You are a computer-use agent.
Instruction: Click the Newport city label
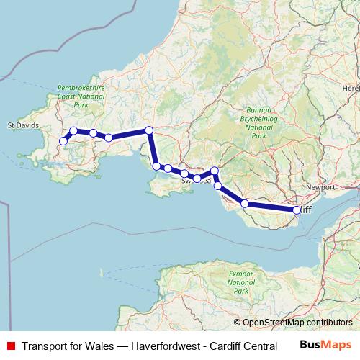(321, 187)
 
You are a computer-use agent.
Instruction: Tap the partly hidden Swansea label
(194, 182)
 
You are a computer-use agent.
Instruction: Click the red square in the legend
(9, 346)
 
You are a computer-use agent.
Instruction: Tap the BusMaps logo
(325, 345)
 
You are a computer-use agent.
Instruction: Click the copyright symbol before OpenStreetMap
(238, 323)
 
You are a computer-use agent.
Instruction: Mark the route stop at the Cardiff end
(297, 210)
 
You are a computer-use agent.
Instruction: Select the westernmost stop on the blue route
(63, 141)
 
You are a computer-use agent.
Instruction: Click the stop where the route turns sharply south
(149, 130)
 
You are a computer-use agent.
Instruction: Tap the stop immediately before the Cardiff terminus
(245, 204)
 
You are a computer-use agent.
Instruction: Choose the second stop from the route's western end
(73, 131)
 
